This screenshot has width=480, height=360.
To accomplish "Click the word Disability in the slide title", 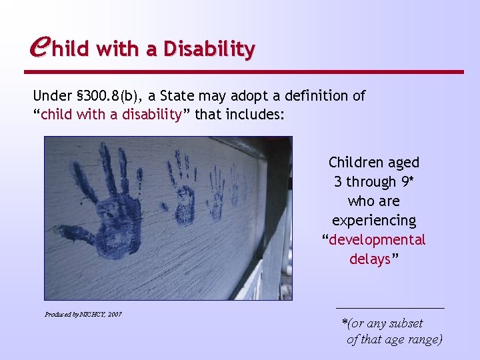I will point(209,49).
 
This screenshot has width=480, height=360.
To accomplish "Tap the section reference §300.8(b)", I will point(109,96).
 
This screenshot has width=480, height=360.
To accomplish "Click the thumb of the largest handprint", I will point(70,233).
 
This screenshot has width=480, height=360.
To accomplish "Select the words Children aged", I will point(374,162).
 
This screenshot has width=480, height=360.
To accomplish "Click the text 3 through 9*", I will point(374,181).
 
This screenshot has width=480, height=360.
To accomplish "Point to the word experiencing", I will point(374,220).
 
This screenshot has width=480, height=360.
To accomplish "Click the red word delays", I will point(370,259).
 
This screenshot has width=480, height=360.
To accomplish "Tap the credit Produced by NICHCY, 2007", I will point(83,313).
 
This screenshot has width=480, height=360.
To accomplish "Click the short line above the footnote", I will point(389,308).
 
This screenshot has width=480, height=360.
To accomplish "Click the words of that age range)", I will point(394,339).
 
